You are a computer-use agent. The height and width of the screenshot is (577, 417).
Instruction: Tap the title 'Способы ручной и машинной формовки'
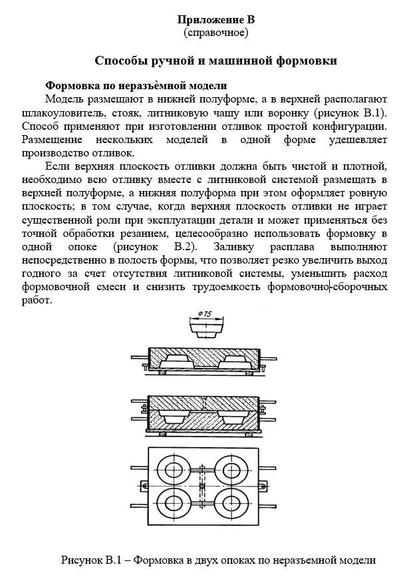(x=215, y=61)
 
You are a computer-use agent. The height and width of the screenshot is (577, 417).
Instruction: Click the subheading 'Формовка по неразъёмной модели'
(x=136, y=86)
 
